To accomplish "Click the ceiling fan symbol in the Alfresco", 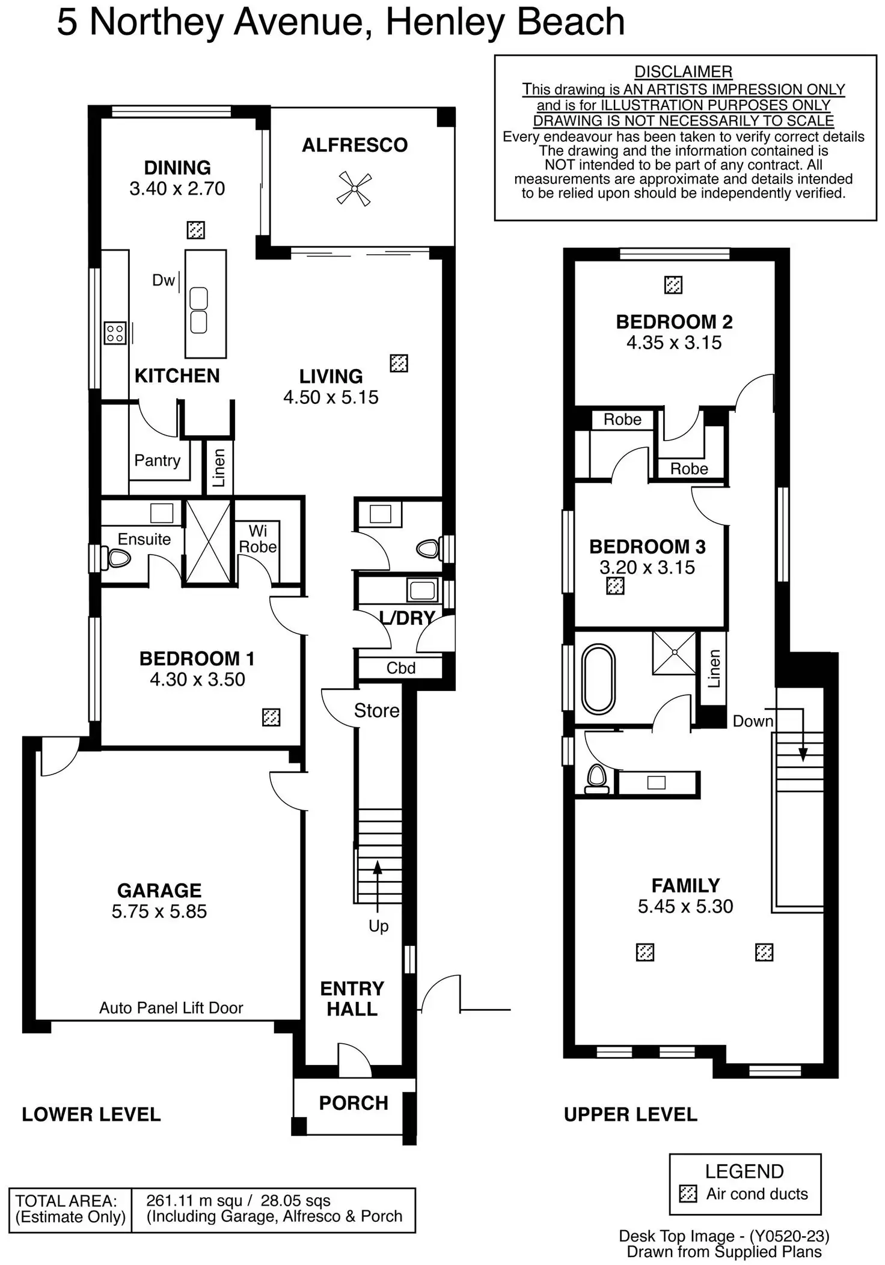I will (354, 189).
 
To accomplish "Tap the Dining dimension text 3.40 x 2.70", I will (177, 189).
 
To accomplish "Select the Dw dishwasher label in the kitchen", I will (163, 280).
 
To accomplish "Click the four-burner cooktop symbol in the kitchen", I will (114, 333).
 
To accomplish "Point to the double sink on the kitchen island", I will (198, 310).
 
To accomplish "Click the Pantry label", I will (157, 460).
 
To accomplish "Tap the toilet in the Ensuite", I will (118, 558).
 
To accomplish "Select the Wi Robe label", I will (258, 538).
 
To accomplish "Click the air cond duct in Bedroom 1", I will (271, 717).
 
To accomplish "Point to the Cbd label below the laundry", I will (400, 668).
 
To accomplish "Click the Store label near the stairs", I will (376, 710).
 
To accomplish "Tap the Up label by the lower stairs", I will (378, 926).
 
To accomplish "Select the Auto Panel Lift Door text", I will (171, 1008).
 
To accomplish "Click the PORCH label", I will (353, 1103).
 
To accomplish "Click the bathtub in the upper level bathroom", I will (598, 679).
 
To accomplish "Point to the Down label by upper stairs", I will (752, 721).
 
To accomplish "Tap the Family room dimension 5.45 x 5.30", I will (685, 906).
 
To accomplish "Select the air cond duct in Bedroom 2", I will (673, 285).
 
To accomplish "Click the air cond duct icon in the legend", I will (688, 1193).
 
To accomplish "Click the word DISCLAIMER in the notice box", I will (683, 72).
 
